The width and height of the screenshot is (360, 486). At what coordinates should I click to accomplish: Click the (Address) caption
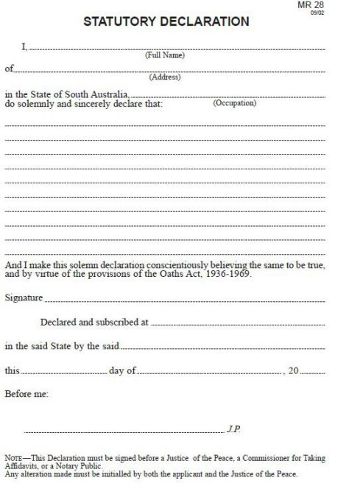(165, 77)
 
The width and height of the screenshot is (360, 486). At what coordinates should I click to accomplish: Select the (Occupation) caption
(234, 103)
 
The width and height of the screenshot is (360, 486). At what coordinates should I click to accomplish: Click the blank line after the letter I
(177, 49)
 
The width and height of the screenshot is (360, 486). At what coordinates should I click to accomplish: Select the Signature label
(24, 299)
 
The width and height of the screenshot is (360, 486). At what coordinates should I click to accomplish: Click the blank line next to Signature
(184, 301)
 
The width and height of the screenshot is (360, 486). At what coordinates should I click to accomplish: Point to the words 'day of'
(121, 370)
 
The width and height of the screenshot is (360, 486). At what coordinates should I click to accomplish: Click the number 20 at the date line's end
(294, 370)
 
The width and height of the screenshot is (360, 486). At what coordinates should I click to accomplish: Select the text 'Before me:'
(27, 394)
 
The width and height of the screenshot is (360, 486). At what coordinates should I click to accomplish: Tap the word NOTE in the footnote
(13, 458)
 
